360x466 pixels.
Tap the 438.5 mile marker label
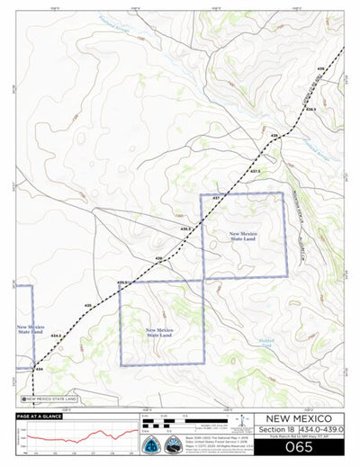click(310, 109)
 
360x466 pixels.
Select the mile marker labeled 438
click(274, 135)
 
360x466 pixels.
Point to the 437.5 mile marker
click(255, 170)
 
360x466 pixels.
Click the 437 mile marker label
click(217, 197)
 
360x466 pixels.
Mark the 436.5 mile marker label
click(186, 229)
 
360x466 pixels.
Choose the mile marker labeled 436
click(158, 258)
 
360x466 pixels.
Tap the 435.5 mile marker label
click(123, 282)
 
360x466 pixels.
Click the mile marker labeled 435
click(88, 307)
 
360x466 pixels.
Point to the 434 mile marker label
click(38, 369)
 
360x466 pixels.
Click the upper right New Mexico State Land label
click(243, 237)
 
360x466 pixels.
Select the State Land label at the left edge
click(27, 329)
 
